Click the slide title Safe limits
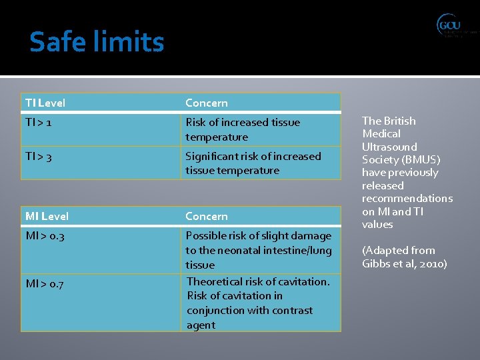pyautogui.click(x=97, y=42)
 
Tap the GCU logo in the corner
pyautogui.click(x=456, y=26)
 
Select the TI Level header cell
pyautogui.click(x=45, y=103)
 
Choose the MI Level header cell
pyautogui.click(x=47, y=217)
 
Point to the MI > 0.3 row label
pyautogui.click(x=45, y=236)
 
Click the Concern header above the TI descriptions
pyautogui.click(x=207, y=103)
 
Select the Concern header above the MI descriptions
pyautogui.click(x=207, y=217)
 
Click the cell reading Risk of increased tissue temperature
pyautogui.click(x=243, y=130)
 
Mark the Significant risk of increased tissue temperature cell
pyautogui.click(x=253, y=163)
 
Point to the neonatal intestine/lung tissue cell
pyautogui.click(x=258, y=250)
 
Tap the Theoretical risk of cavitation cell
pyautogui.click(x=258, y=303)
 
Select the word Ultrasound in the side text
pyautogui.click(x=389, y=147)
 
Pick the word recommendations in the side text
pyautogui.click(x=407, y=199)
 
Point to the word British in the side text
pyautogui.click(x=398, y=121)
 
